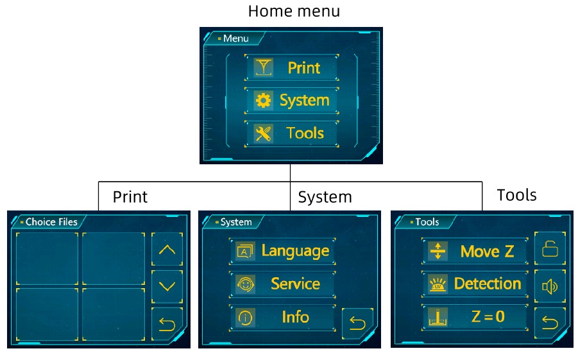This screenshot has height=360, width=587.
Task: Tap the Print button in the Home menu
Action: point(291,67)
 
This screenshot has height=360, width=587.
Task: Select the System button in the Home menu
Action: point(291,101)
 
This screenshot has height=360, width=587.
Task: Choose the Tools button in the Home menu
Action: point(291,133)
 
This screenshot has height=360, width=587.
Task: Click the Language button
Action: point(282,251)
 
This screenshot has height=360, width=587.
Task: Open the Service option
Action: point(282,284)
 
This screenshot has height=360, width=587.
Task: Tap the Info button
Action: point(282,317)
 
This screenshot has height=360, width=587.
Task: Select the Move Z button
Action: point(474,251)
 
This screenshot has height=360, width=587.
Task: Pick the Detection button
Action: point(474,284)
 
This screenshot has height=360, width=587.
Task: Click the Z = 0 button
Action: point(474,317)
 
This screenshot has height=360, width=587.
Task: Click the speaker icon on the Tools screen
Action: point(550,286)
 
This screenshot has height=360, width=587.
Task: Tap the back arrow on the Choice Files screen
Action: point(167,324)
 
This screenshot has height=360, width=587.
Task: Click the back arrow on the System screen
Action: point(357,324)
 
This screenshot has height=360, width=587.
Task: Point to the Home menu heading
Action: point(294,11)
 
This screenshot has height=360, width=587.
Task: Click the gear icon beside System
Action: point(263,101)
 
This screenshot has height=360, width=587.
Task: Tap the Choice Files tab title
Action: point(51,222)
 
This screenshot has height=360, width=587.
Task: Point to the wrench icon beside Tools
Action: point(263,133)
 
